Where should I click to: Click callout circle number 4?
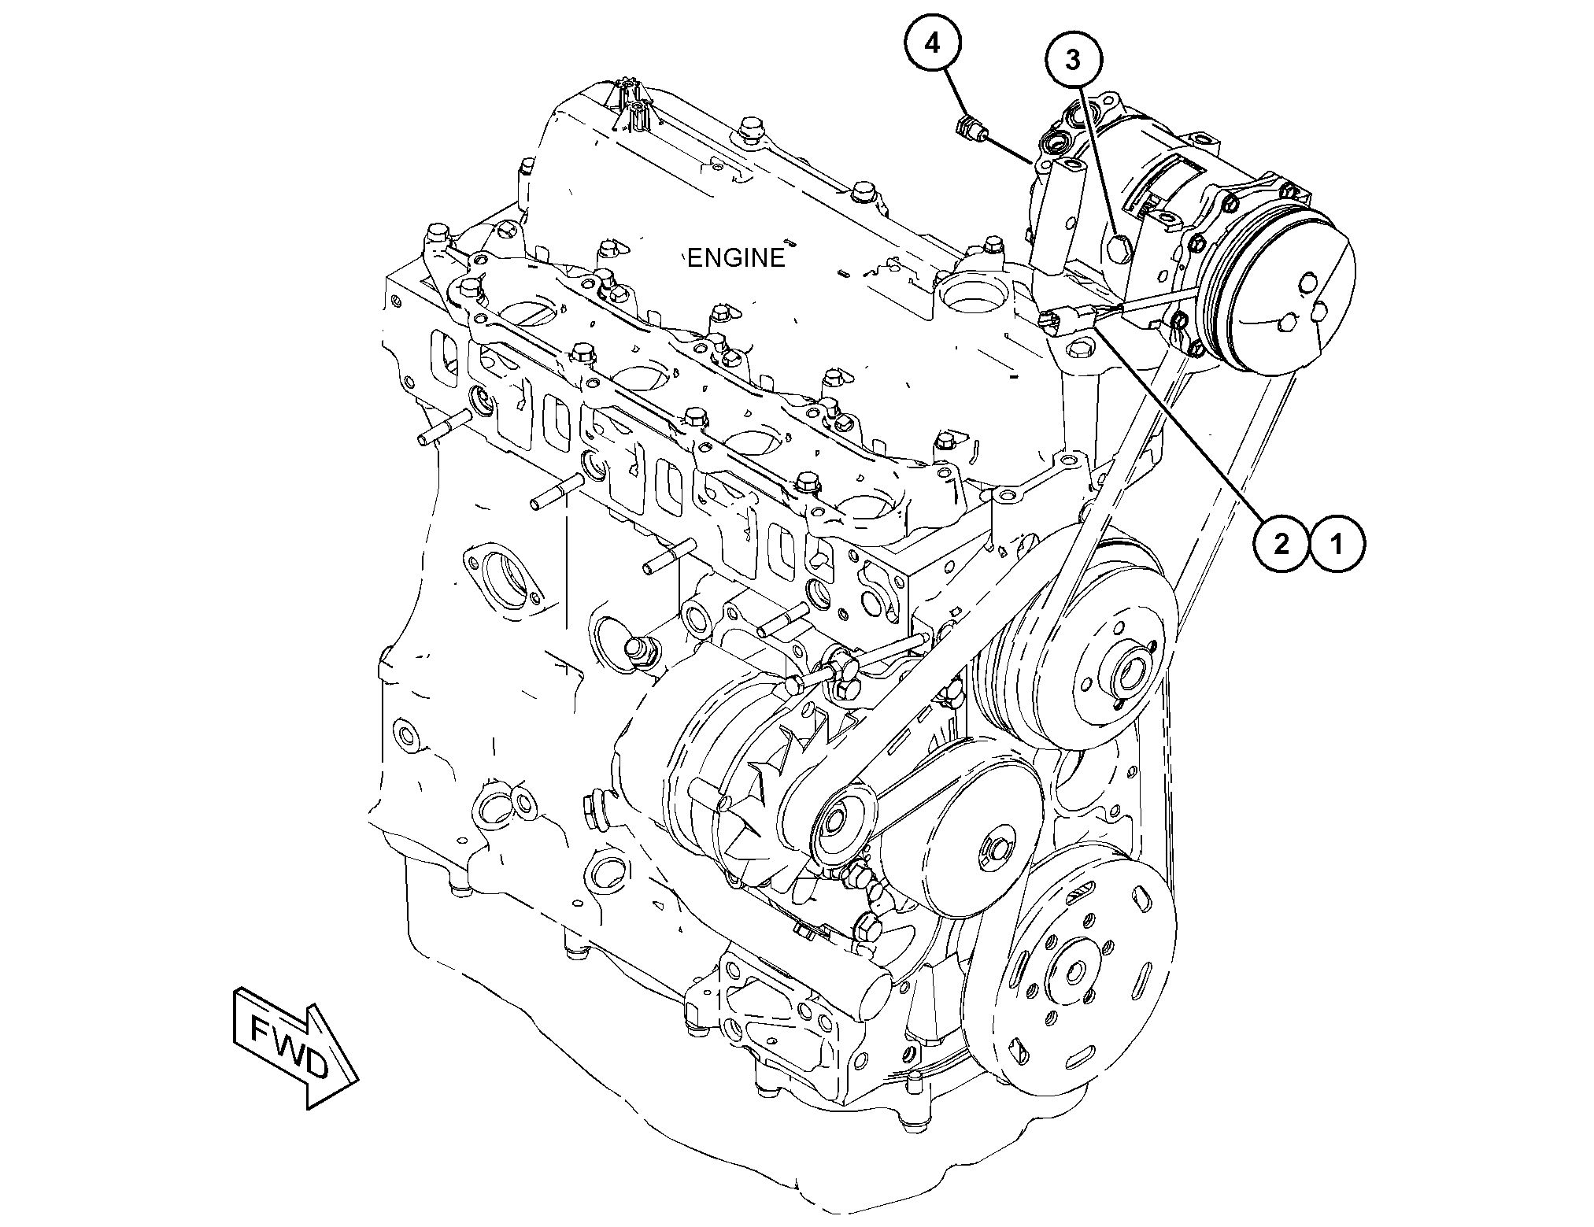[932, 45]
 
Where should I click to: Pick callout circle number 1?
[1337, 542]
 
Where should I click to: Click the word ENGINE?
[736, 257]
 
